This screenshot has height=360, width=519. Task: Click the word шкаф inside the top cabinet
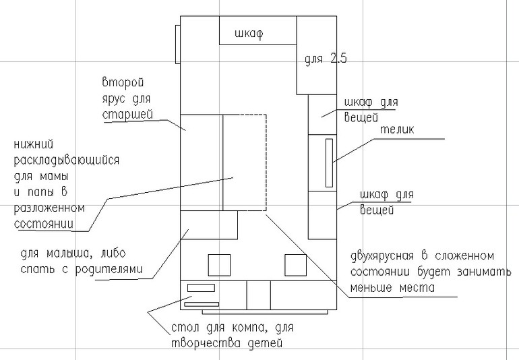248,34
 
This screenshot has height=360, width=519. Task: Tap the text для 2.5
325,59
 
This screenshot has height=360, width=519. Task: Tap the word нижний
33,145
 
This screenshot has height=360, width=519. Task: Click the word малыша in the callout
73,254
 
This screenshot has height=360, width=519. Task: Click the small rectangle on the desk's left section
200,289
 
